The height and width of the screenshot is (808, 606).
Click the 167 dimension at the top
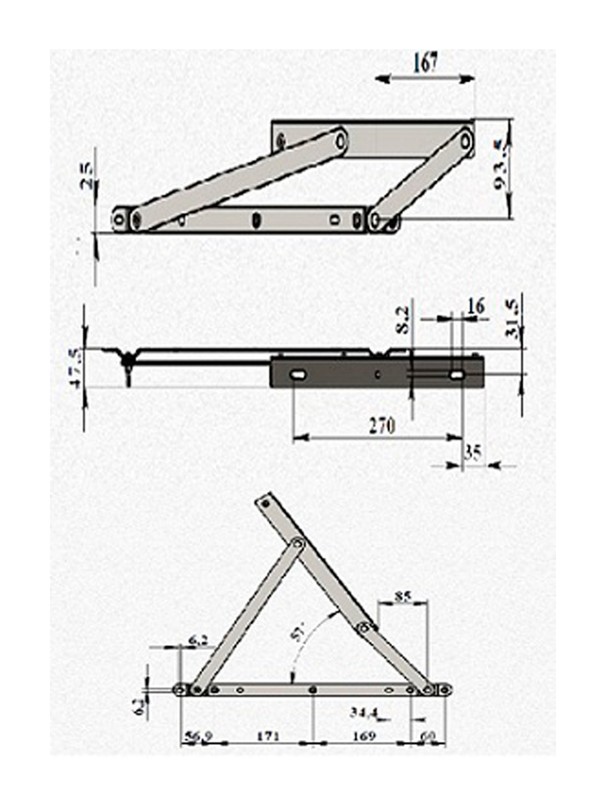tap(425, 62)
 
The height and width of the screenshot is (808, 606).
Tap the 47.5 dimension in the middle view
tap(75, 368)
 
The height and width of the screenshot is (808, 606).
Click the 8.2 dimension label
tap(401, 320)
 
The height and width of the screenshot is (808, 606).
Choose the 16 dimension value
tap(477, 306)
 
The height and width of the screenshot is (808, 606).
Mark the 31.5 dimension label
tap(512, 321)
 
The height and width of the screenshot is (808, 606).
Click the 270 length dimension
tap(382, 426)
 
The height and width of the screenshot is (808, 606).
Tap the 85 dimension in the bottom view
tap(402, 596)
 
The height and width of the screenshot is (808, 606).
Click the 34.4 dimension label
tap(363, 713)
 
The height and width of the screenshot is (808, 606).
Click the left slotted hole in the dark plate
tap(299, 376)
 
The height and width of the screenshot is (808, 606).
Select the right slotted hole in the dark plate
tap(456, 376)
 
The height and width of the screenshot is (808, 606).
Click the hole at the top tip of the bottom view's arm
tap(264, 502)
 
